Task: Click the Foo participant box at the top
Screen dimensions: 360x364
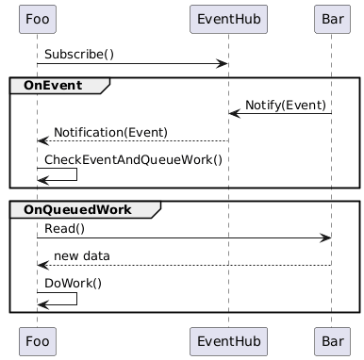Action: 37,18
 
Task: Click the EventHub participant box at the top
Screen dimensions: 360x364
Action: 228,18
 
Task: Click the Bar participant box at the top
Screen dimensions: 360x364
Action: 332,18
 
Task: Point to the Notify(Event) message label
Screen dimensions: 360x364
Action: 286,104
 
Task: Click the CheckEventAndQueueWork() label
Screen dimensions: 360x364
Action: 133,159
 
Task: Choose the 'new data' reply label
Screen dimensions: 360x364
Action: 81,255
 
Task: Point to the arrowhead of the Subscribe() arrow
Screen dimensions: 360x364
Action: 223,64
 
